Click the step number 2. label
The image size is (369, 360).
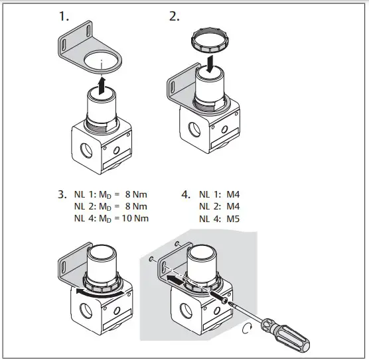pos(175,18)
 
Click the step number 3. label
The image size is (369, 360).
pos(62,196)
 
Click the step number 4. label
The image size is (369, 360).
pos(186,196)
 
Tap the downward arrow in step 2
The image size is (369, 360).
pos(209,65)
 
